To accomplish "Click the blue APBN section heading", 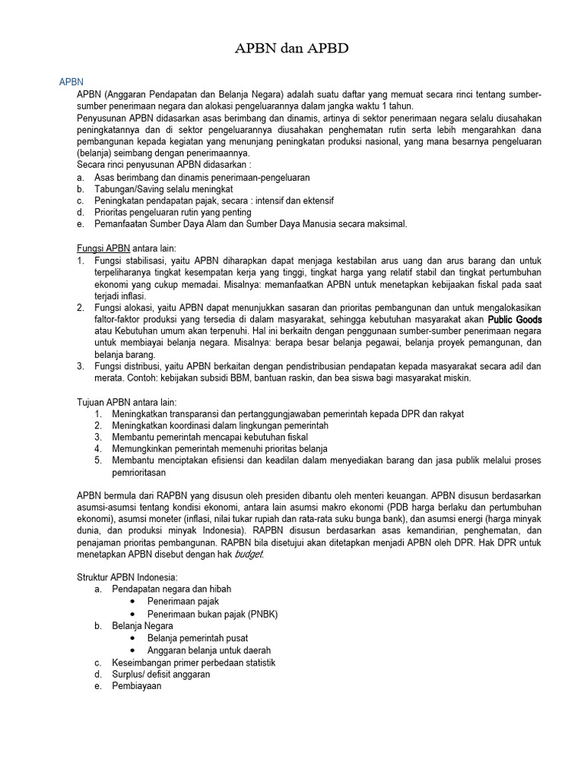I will click(x=71, y=82).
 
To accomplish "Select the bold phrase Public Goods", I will click(x=514, y=320).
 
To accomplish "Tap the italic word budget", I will click(x=249, y=554).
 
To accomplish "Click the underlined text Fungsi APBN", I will click(x=103, y=248).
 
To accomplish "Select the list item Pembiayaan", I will click(x=137, y=686).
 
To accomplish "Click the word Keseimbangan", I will click(x=144, y=662).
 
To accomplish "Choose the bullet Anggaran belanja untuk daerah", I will click(x=209, y=650).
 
